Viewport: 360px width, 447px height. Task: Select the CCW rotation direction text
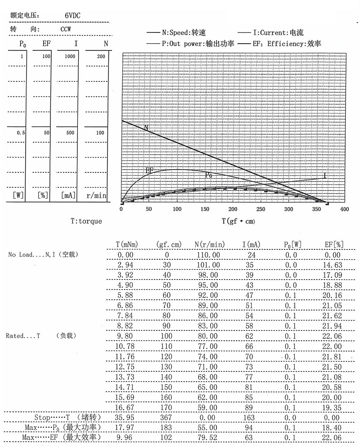[67, 29]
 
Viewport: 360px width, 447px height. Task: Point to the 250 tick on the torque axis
[261, 209]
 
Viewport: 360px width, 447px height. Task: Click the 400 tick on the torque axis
[344, 209]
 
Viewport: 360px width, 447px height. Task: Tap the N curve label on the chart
[146, 128]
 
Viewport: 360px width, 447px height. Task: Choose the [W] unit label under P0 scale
[18, 195]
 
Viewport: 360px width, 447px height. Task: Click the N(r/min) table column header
[210, 244]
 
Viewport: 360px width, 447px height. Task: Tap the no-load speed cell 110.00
[210, 255]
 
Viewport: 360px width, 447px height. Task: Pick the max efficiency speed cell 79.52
[210, 437]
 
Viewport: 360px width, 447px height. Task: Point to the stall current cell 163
[249, 417]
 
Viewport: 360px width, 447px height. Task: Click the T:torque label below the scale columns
[86, 221]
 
